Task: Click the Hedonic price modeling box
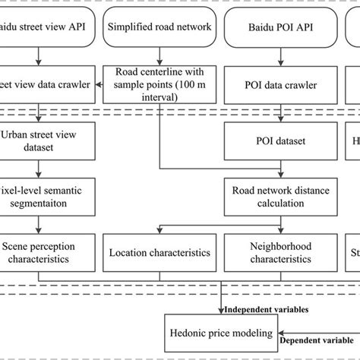pos(220,331)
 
